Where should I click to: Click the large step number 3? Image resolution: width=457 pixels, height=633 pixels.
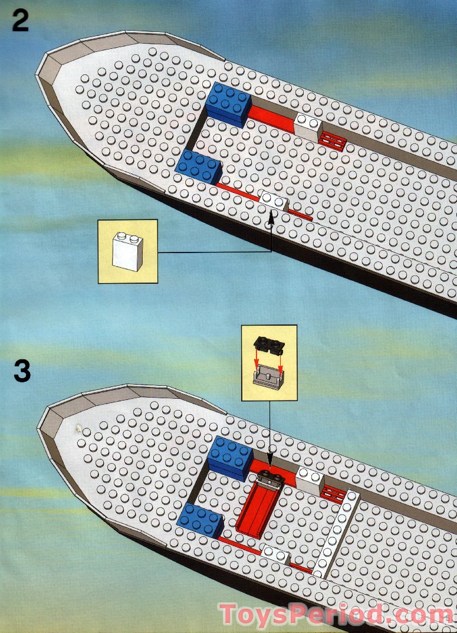pyautogui.click(x=21, y=372)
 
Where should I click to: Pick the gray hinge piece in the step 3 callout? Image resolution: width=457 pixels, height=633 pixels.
pyautogui.click(x=268, y=375)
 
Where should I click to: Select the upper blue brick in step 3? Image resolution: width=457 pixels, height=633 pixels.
pyautogui.click(x=231, y=457)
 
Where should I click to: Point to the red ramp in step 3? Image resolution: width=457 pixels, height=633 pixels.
pyautogui.click(x=255, y=507)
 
